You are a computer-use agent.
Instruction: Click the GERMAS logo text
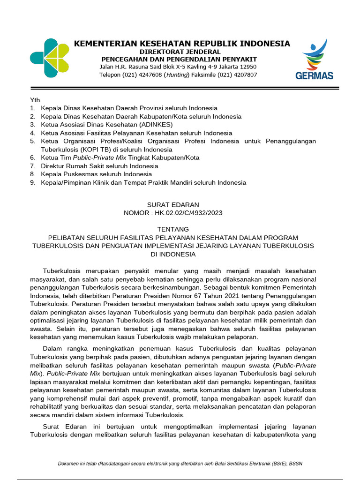click(x=314, y=75)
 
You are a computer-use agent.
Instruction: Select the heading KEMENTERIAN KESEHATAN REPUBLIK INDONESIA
click(x=182, y=44)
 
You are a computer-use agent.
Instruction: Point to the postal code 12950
click(x=247, y=67)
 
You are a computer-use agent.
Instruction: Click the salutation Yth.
click(x=36, y=100)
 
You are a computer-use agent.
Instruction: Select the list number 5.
click(x=32, y=141)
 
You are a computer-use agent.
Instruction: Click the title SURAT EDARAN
click(x=173, y=205)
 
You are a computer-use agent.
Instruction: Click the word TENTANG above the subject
click(x=173, y=229)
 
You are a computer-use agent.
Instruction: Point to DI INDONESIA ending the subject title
click(x=173, y=254)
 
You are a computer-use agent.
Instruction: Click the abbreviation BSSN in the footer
click(x=295, y=464)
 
